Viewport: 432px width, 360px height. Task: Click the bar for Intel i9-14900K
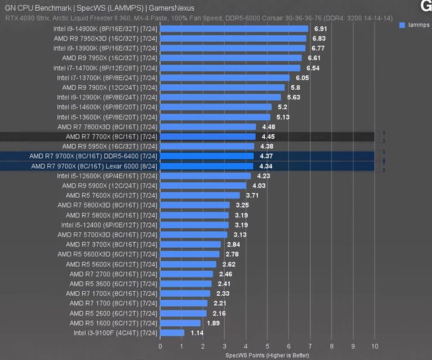pos(234,29)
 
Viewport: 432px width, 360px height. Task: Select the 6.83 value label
pos(319,38)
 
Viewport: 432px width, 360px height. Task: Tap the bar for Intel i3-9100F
pos(172,332)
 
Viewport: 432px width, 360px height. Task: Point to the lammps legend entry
pos(418,24)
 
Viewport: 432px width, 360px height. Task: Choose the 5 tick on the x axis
pos(268,345)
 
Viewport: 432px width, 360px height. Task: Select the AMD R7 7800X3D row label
pos(107,126)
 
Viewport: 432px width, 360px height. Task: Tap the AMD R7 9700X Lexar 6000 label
pos(94,165)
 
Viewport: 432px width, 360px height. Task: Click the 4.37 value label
pos(267,156)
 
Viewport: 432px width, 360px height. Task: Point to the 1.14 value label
pos(197,332)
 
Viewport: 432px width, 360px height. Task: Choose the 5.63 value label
pos(294,97)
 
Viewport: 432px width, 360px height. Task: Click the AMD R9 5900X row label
pos(109,185)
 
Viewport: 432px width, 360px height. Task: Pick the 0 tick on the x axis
pos(160,345)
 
